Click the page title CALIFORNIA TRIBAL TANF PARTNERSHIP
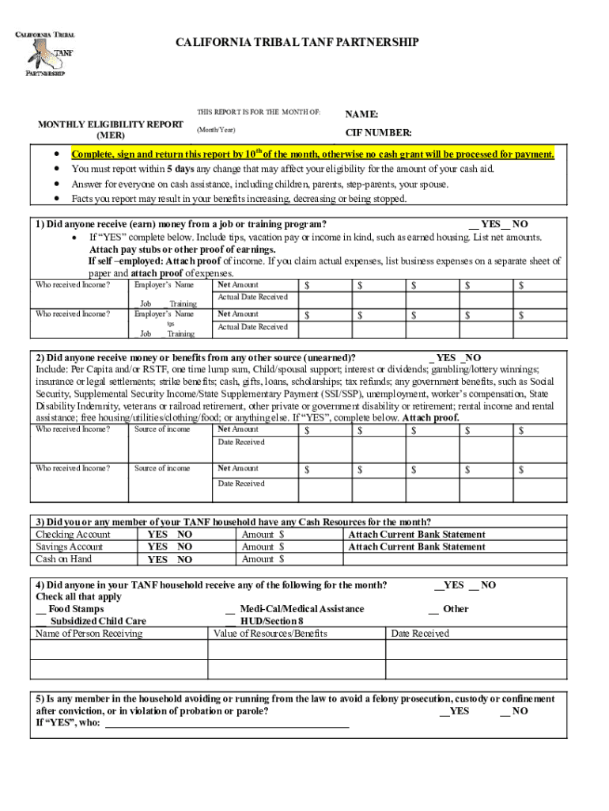tap(297, 42)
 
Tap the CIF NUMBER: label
tap(378, 133)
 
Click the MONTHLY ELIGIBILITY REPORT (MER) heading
tap(111, 130)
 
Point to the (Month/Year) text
tap(216, 129)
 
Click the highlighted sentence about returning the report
tap(313, 154)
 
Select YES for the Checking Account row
tap(157, 535)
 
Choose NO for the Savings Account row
tap(184, 546)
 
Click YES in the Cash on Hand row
tap(157, 560)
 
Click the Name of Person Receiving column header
tap(89, 634)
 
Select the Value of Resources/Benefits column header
tap(270, 634)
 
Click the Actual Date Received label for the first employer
tap(252, 297)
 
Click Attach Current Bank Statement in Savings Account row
tap(417, 546)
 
